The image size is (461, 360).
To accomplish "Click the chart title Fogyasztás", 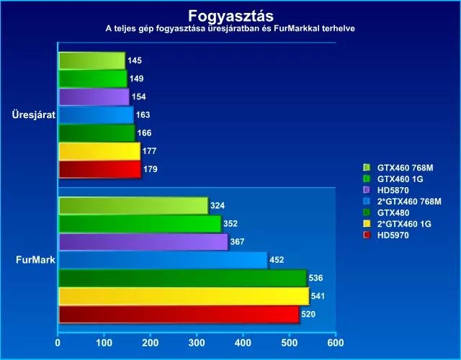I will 230,15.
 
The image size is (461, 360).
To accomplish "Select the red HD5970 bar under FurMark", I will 178,315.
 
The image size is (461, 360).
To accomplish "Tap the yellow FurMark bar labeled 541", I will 183,296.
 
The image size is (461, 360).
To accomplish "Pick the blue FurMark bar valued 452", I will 162,260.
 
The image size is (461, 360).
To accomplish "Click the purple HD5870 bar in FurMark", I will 143,242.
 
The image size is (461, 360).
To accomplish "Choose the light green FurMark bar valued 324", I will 133,206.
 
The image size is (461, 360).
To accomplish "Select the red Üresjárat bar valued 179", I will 99,169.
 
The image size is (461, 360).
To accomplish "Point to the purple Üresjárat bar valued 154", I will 94,96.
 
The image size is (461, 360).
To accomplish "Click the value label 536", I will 315,278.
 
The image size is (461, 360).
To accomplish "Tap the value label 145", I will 135,60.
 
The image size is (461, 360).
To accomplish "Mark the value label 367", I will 238,242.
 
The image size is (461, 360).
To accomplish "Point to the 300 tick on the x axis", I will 197,343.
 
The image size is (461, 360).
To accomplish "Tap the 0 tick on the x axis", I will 58,343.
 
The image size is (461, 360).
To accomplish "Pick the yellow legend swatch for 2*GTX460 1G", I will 367,224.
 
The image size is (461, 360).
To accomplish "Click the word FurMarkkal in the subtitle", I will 300,29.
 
